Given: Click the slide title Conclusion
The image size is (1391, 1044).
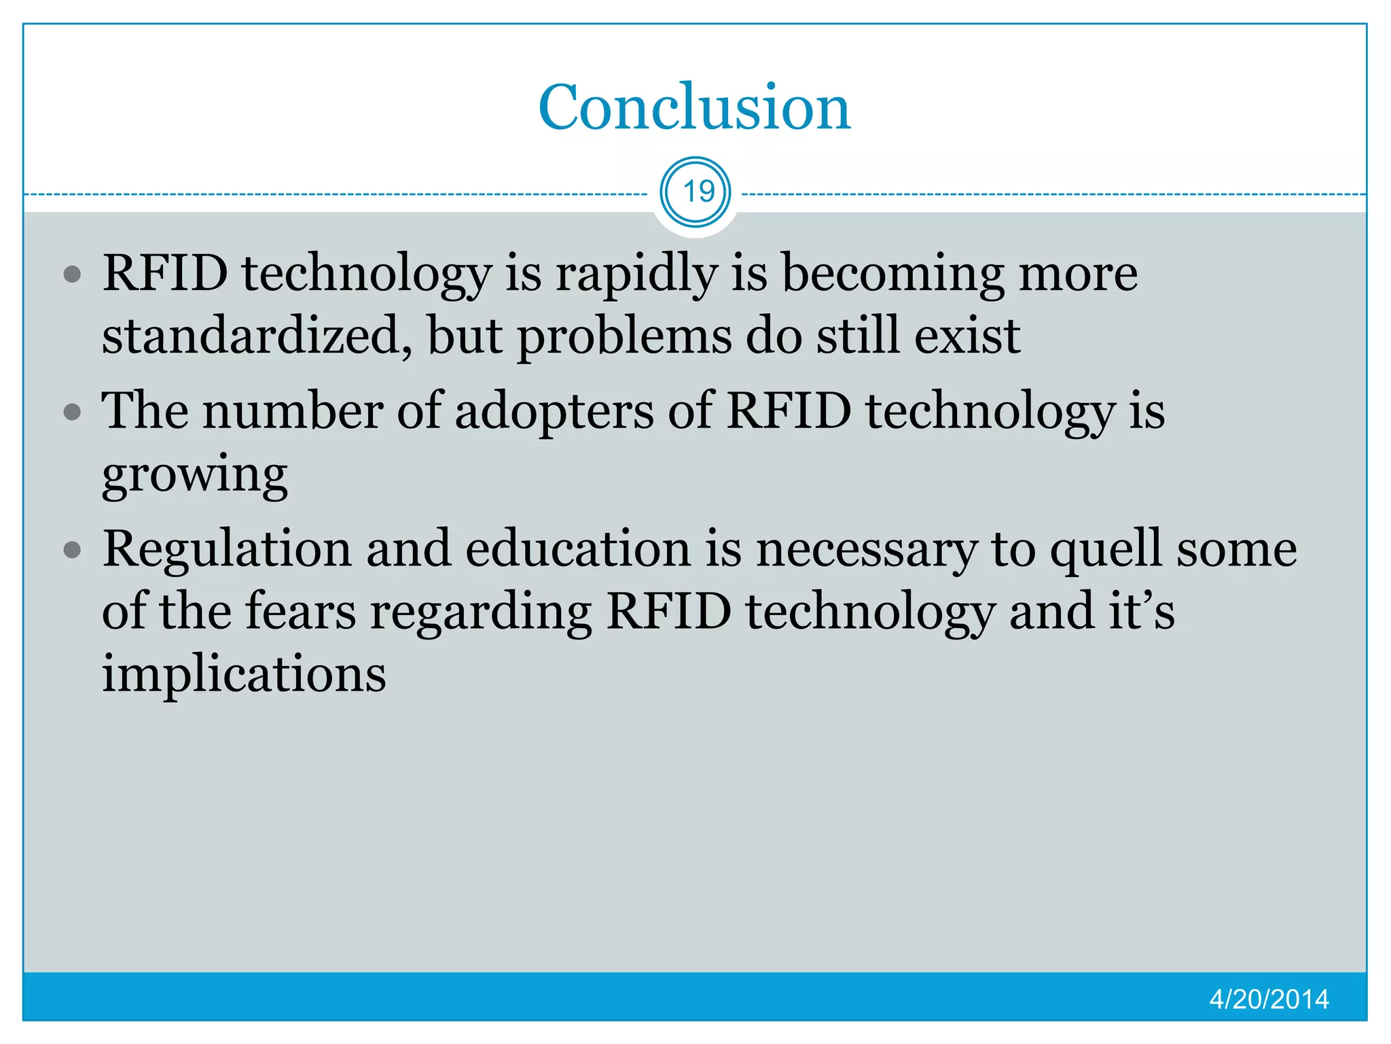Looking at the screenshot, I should [x=694, y=107].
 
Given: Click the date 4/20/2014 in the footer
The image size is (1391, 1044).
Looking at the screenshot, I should [x=1269, y=999].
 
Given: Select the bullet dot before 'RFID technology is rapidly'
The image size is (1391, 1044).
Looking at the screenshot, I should [x=72, y=275].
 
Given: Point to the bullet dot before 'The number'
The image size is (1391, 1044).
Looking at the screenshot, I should [x=72, y=413].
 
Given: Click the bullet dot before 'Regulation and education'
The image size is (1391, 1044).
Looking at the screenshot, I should [x=72, y=550].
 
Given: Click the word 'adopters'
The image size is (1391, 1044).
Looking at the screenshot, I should [x=554, y=413].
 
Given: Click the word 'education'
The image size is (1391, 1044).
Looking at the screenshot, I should [x=578, y=549].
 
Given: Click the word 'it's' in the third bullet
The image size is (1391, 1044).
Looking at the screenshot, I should [x=1142, y=611].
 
